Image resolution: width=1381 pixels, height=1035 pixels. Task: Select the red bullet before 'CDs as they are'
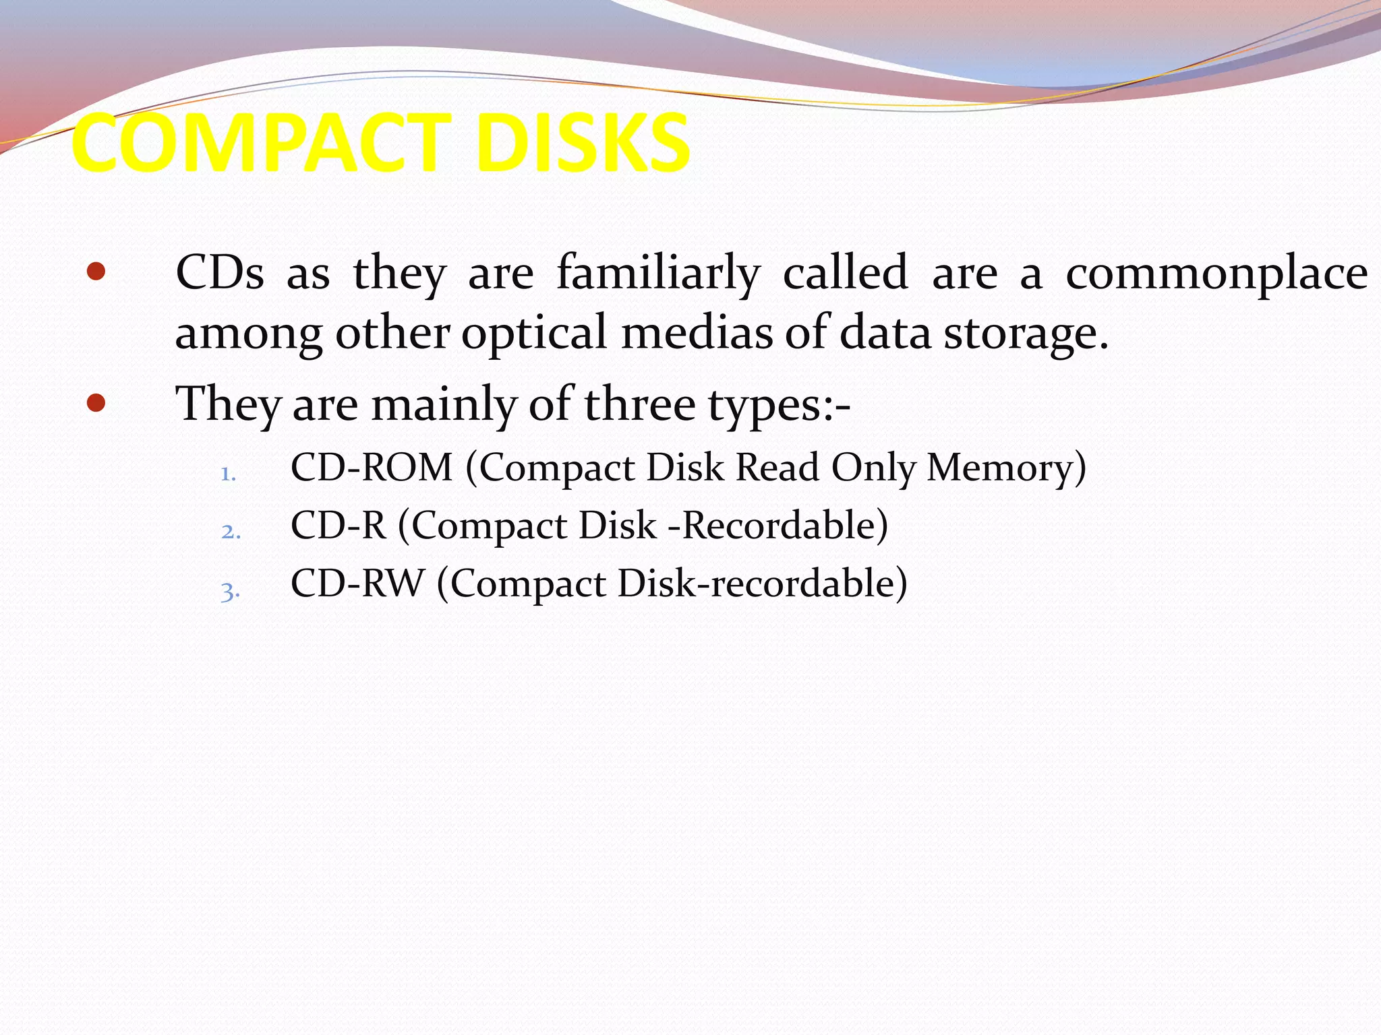(96, 272)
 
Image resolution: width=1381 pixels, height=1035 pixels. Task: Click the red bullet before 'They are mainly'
(96, 403)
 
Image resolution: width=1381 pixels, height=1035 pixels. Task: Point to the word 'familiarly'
(658, 273)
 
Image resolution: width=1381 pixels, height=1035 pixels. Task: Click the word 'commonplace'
(1216, 273)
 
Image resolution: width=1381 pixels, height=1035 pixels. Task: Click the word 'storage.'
(1026, 334)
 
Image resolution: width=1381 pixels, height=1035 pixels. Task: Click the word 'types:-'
(779, 406)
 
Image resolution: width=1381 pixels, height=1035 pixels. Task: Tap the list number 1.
(228, 474)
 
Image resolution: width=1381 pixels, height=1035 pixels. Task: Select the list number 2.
(231, 532)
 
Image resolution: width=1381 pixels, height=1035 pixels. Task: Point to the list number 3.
(230, 592)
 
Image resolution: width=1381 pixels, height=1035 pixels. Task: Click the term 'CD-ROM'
(372, 467)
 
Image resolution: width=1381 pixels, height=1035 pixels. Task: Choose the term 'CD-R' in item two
(339, 525)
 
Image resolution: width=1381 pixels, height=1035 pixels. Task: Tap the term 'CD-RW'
(357, 583)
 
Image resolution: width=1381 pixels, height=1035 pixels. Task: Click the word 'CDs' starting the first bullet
(220, 273)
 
